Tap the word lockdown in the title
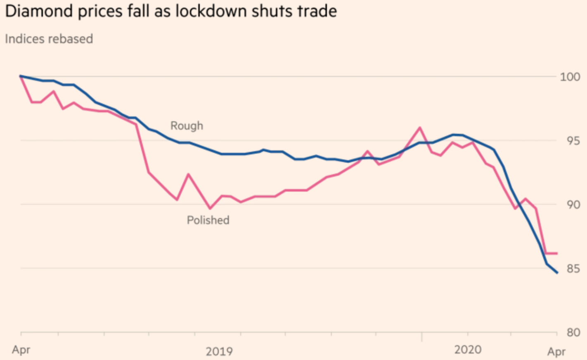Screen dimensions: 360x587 [x=211, y=11]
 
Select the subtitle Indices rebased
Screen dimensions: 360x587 [x=49, y=39]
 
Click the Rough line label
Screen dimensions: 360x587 [x=187, y=126]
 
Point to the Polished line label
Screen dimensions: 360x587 [x=208, y=220]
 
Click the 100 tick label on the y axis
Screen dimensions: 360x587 [x=570, y=77]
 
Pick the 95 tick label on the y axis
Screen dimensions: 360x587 [x=573, y=141]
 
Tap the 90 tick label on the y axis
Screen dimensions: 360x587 [x=573, y=205]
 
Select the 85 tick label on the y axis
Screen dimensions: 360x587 [x=573, y=269]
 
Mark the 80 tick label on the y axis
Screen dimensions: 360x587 [x=573, y=332]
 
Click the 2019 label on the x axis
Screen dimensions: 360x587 [x=219, y=351]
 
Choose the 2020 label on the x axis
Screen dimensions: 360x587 [x=468, y=350]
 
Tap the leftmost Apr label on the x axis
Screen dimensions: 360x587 [x=21, y=350]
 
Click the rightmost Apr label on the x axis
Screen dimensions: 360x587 [x=556, y=351]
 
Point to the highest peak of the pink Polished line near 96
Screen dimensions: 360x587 [x=420, y=128]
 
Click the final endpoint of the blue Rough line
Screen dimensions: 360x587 [x=557, y=272]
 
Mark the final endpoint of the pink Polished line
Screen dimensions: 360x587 [x=557, y=253]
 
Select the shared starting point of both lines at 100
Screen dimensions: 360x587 [x=21, y=76]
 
